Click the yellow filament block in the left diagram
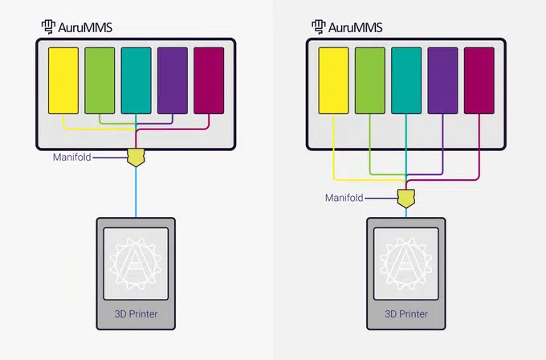[x=63, y=80]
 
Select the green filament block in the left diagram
[x=100, y=80]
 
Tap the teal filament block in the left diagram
[x=136, y=80]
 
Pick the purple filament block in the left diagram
[x=173, y=80]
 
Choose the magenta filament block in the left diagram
[x=209, y=80]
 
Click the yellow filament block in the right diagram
[x=333, y=80]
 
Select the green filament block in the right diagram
[x=370, y=80]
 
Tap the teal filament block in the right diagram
[x=406, y=80]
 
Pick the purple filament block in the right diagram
[x=442, y=80]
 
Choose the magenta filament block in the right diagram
[x=479, y=80]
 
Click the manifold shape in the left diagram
[x=136, y=157]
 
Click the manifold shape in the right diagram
[x=406, y=198]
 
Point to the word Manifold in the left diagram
[x=72, y=157]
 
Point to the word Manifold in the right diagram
[x=344, y=198]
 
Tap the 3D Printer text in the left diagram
[x=136, y=314]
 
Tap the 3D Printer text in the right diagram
[x=406, y=314]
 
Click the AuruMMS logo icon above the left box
[x=48, y=27]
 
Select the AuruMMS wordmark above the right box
[x=355, y=27]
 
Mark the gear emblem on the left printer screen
[x=136, y=264]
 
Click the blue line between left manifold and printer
[x=136, y=192]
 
